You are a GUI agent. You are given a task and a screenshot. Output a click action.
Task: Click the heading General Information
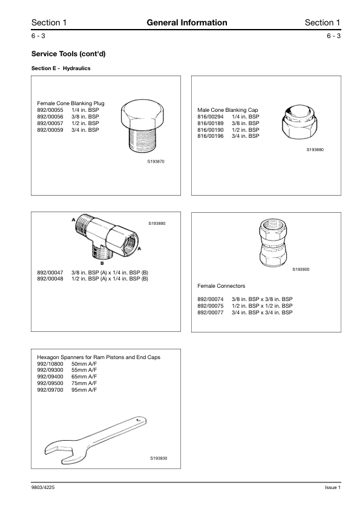(187, 22)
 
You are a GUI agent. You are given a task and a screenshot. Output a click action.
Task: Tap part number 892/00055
(50, 110)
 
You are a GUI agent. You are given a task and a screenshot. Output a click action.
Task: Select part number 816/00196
(211, 136)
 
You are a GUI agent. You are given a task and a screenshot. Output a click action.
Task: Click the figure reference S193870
(156, 161)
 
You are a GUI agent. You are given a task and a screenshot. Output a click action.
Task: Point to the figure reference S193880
(315, 150)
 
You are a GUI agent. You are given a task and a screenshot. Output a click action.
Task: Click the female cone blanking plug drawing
(143, 126)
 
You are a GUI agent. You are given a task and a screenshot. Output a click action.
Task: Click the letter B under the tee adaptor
(102, 263)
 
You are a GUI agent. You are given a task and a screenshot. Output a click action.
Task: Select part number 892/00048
(50, 279)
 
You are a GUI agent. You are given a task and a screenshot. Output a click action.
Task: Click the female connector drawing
(273, 243)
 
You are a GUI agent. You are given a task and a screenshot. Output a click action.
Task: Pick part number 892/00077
(211, 313)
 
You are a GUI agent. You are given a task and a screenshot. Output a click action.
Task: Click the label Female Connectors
(221, 286)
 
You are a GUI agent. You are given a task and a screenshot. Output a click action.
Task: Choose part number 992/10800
(50, 363)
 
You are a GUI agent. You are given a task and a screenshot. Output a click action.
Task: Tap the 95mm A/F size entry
(84, 389)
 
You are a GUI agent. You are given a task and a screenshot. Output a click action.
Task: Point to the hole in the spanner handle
(140, 420)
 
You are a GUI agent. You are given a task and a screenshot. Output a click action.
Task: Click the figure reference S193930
(159, 458)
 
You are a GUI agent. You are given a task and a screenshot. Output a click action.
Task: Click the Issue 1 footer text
(333, 487)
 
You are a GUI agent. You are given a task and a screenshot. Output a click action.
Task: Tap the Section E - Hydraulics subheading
(61, 68)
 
